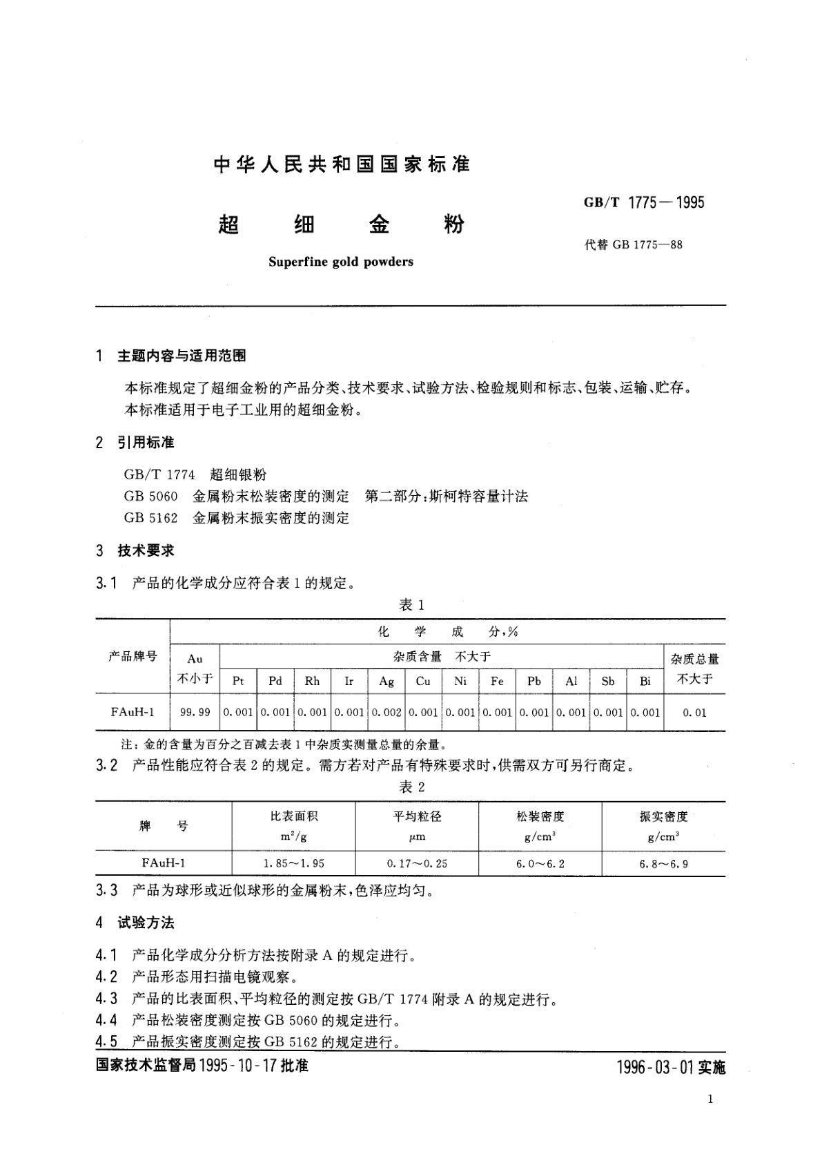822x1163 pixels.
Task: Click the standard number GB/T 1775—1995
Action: tap(645, 202)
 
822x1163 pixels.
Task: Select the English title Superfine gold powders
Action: tap(340, 262)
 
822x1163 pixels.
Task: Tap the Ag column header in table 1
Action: tap(386, 681)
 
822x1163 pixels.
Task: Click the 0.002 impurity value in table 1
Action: tap(386, 712)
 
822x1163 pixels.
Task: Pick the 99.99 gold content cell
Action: tap(195, 712)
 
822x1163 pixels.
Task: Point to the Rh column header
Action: tap(312, 681)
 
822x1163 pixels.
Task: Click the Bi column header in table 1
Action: tap(645, 681)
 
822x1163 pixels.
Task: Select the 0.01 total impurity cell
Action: tap(694, 712)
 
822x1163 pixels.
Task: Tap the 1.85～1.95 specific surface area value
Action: tap(293, 863)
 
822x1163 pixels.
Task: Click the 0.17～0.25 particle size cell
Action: tap(417, 863)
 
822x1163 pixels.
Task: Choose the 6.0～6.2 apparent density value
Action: tap(540, 863)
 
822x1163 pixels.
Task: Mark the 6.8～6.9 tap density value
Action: tap(663, 863)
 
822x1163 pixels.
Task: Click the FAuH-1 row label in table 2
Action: tap(164, 863)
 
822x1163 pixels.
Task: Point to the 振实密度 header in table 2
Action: tap(663, 816)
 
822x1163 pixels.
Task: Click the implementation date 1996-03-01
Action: tap(656, 1068)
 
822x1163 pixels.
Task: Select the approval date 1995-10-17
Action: tap(237, 1066)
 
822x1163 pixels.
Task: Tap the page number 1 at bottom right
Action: tap(710, 1100)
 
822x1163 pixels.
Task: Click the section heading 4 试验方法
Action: tap(136, 923)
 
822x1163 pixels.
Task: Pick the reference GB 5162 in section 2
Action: tap(150, 517)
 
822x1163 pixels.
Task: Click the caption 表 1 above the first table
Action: tap(411, 605)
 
